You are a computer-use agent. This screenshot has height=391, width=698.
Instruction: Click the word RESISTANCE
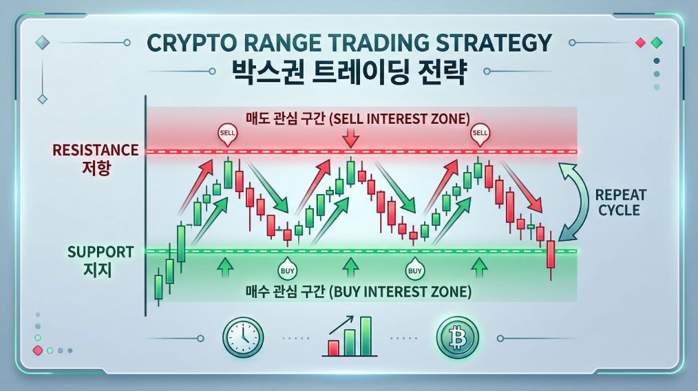(x=96, y=150)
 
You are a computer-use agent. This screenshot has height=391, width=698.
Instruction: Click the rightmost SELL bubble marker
(x=479, y=134)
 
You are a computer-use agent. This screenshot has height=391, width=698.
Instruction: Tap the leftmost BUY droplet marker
(x=285, y=269)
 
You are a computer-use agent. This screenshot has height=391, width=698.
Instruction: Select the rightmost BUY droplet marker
(x=414, y=269)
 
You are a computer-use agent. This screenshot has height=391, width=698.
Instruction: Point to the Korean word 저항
(x=96, y=169)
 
